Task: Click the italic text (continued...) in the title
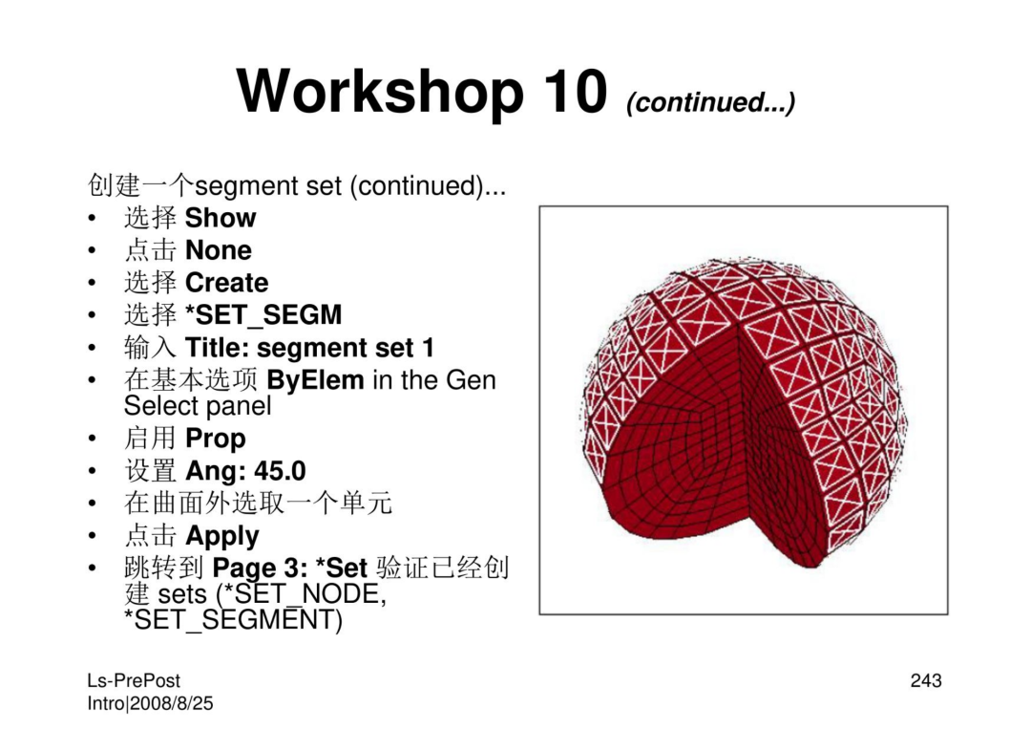click(711, 102)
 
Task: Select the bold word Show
click(221, 218)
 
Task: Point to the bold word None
click(219, 250)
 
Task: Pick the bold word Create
click(227, 282)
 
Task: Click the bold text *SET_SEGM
click(263, 315)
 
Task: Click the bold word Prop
click(216, 440)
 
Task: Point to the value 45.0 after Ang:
click(280, 471)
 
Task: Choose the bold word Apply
click(222, 537)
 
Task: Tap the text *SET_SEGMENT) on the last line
click(234, 620)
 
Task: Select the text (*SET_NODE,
click(301, 594)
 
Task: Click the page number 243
click(926, 680)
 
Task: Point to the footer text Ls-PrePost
click(134, 681)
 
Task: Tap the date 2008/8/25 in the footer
click(172, 703)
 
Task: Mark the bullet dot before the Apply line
click(93, 536)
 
